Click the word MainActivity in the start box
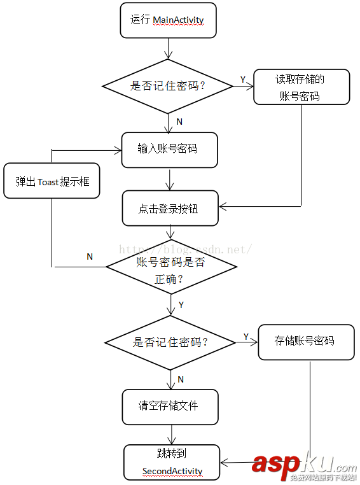pyautogui.click(x=178, y=20)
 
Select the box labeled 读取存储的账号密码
pyautogui.click(x=301, y=87)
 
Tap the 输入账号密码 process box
pyautogui.click(x=169, y=150)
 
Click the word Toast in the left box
pyautogui.click(x=48, y=181)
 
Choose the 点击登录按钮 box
pyautogui.click(x=170, y=208)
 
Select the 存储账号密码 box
pyautogui.click(x=305, y=341)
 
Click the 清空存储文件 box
pyautogui.click(x=170, y=405)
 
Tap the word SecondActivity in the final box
pyautogui.click(x=172, y=472)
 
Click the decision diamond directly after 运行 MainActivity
pyautogui.click(x=168, y=86)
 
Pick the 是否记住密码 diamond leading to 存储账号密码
pyautogui.click(x=170, y=342)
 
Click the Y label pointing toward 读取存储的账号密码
pyautogui.click(x=242, y=79)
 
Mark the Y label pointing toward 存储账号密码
pyautogui.click(x=246, y=335)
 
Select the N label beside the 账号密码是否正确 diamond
pyautogui.click(x=90, y=257)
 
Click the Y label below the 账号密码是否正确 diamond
pyautogui.click(x=181, y=305)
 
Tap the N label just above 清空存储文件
pyautogui.click(x=181, y=379)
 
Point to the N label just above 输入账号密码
pyautogui.click(x=179, y=122)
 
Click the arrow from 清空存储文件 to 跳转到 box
pyautogui.click(x=170, y=435)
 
